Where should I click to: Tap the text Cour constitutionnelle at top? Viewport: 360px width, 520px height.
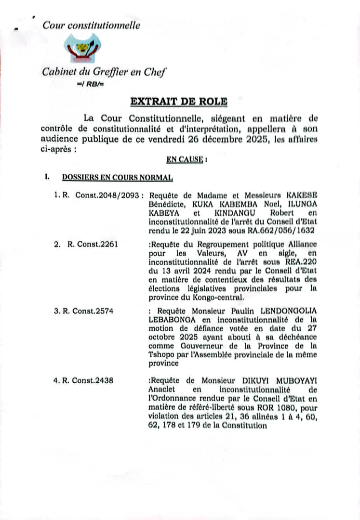click(x=92, y=26)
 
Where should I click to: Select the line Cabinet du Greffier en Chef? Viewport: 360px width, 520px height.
click(x=104, y=72)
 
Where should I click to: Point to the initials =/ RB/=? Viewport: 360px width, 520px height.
click(x=90, y=84)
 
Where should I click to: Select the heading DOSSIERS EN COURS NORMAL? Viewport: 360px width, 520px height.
click(x=117, y=177)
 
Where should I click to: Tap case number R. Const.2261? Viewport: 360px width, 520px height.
click(x=93, y=244)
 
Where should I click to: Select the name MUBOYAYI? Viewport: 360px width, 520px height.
click(x=293, y=380)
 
